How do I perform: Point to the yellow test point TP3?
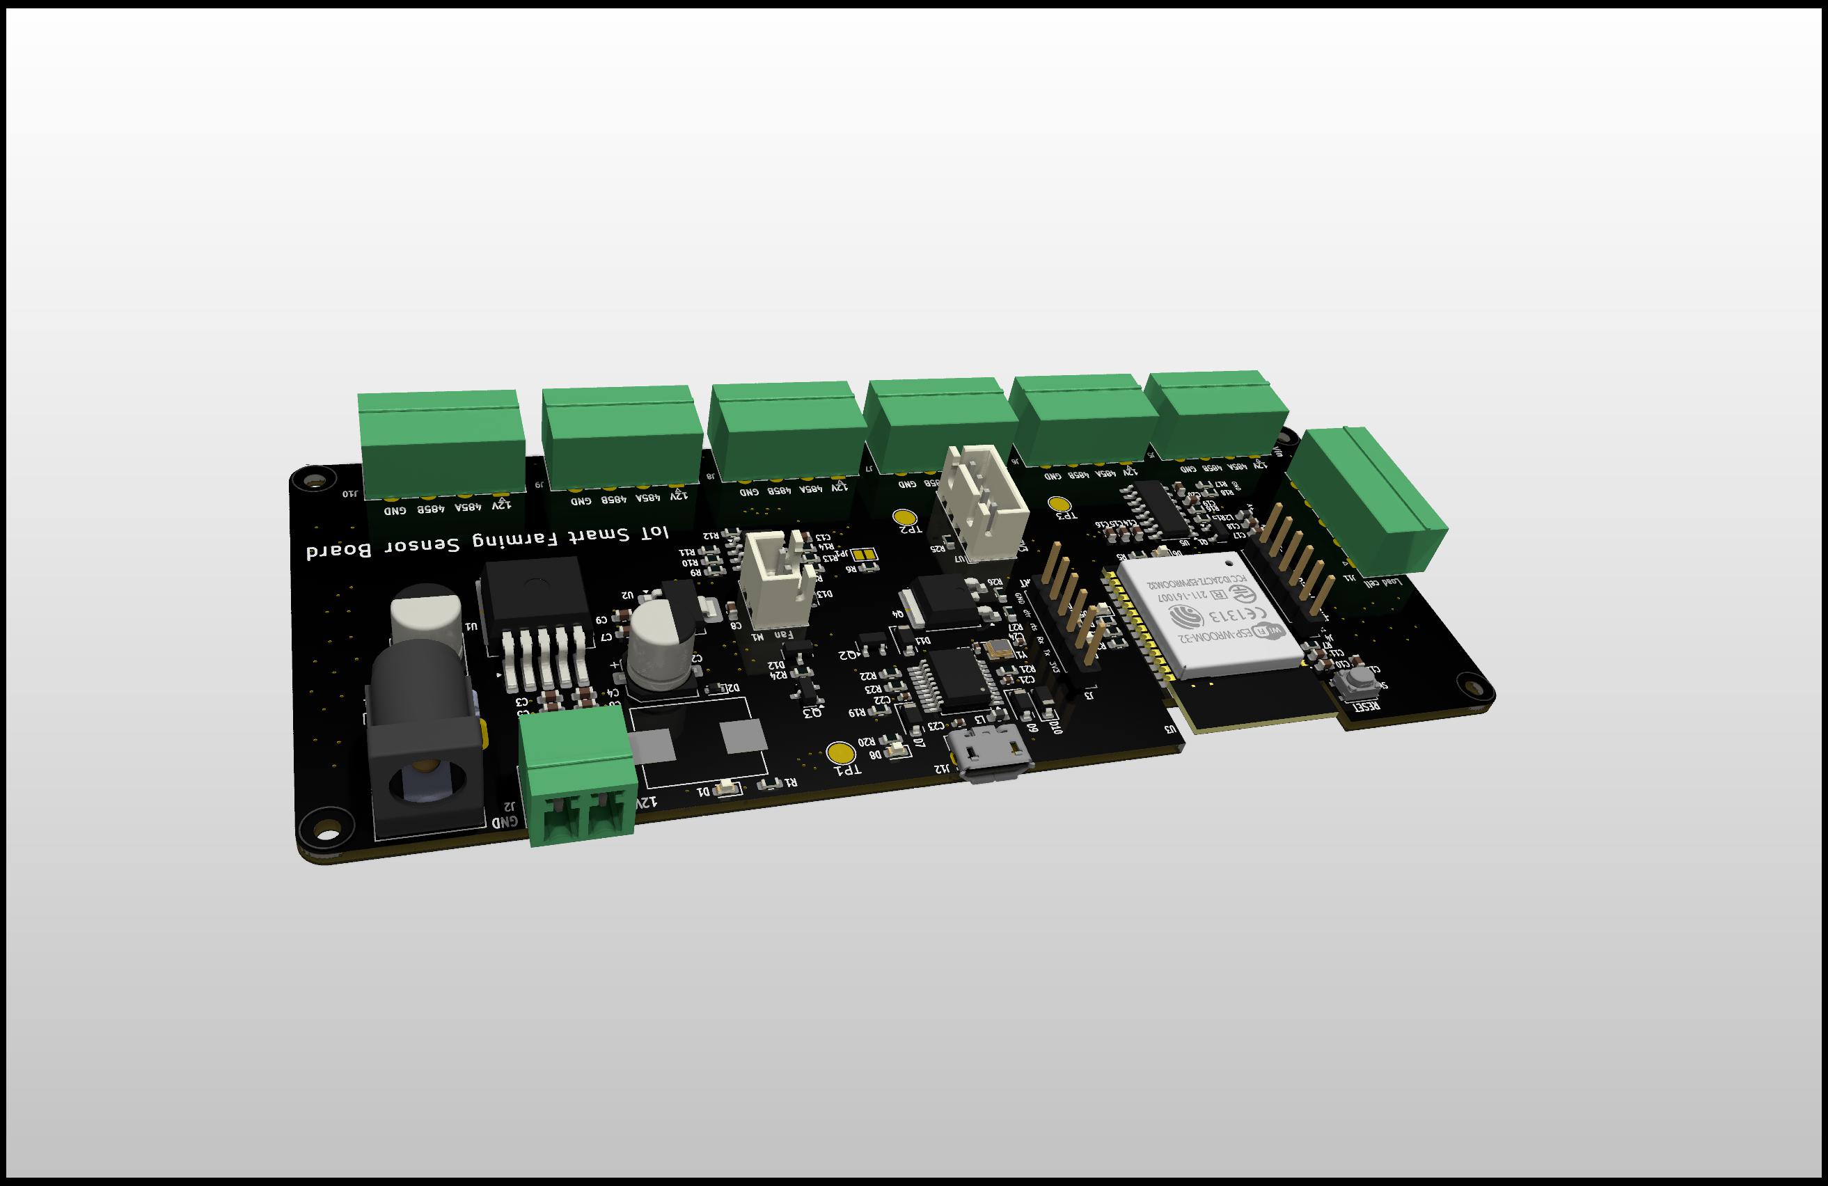(x=1060, y=504)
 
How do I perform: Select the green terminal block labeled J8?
(x=783, y=430)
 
